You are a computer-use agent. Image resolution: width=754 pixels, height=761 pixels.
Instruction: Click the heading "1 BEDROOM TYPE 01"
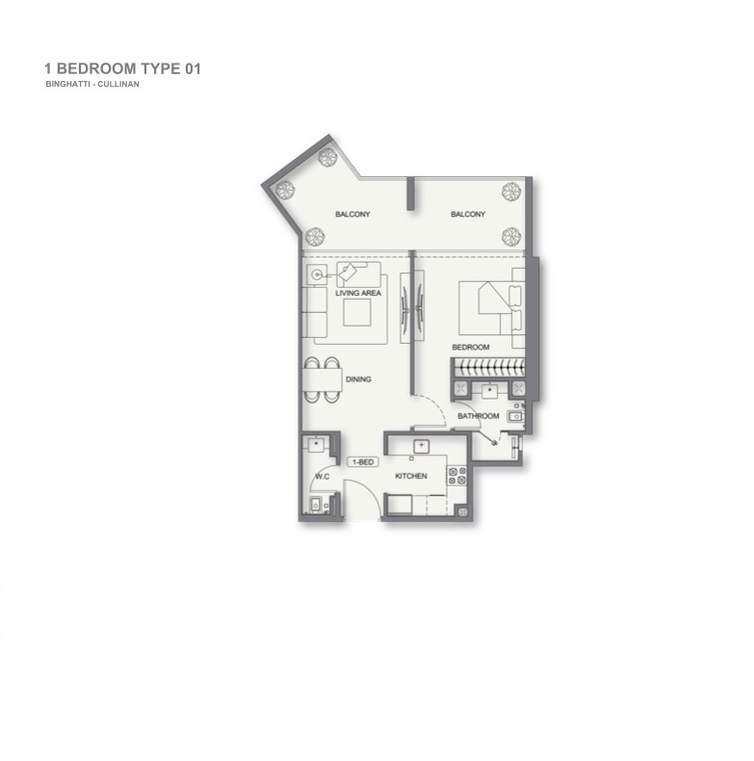122,69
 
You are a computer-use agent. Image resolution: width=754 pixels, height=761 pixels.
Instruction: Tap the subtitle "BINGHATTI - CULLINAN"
92,84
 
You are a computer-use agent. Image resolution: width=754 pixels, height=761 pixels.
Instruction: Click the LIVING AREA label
358,293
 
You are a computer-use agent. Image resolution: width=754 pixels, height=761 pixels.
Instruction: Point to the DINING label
358,379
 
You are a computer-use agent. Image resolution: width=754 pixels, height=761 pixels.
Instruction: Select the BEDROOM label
471,347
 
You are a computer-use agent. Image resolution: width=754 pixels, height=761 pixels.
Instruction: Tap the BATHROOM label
479,416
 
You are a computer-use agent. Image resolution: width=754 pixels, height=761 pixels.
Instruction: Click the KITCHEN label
411,476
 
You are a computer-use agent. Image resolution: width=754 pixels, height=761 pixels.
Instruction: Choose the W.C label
323,477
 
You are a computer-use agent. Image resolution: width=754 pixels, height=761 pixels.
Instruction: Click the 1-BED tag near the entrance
363,462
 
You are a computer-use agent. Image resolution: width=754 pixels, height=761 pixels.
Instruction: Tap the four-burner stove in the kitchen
456,476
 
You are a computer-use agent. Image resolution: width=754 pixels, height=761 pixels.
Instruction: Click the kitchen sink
421,446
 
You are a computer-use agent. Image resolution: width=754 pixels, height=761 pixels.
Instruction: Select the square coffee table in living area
357,312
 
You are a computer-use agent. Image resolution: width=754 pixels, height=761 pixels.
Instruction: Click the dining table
323,380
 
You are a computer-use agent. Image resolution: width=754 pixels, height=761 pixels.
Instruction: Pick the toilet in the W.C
316,505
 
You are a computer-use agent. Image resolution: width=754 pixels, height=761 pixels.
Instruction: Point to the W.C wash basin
317,444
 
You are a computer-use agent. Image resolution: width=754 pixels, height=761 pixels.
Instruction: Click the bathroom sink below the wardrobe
490,390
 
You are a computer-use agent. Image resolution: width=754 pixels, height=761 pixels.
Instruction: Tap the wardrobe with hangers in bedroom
489,367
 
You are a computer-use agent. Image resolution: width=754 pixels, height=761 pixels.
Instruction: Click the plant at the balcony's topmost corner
328,157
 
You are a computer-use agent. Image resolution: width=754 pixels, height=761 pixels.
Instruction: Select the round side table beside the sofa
317,275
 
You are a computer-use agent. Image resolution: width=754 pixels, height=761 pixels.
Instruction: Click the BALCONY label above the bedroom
468,214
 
